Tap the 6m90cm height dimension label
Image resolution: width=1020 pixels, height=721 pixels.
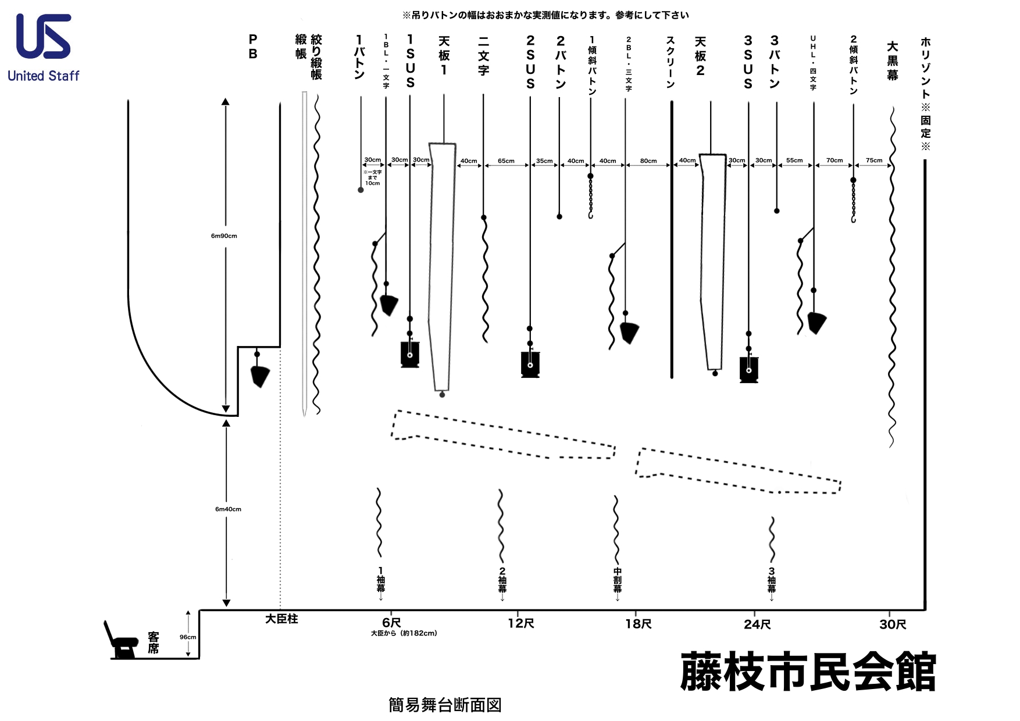click(x=224, y=236)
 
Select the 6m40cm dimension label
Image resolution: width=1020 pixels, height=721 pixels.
click(x=228, y=509)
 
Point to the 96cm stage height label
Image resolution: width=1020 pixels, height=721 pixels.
click(x=188, y=637)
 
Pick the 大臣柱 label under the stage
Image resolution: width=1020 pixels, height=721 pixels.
click(x=281, y=620)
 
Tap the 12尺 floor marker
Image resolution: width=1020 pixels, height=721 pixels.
click(x=520, y=624)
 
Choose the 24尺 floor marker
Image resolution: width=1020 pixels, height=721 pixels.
click(x=757, y=624)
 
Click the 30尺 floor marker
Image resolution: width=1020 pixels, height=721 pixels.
click(x=893, y=624)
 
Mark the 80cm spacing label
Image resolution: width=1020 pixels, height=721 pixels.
click(x=648, y=161)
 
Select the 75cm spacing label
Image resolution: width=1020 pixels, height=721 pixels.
click(x=874, y=160)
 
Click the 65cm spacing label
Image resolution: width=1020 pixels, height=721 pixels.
click(x=506, y=161)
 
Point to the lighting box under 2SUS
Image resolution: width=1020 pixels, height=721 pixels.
click(x=530, y=364)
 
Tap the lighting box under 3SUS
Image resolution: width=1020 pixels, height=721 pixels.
click(x=748, y=369)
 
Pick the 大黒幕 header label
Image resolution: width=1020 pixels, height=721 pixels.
click(x=892, y=60)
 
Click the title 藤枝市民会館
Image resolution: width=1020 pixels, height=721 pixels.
click(x=808, y=672)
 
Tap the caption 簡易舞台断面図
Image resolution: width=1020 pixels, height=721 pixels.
click(x=445, y=705)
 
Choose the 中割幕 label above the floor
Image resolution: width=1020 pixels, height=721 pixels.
click(x=617, y=580)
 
